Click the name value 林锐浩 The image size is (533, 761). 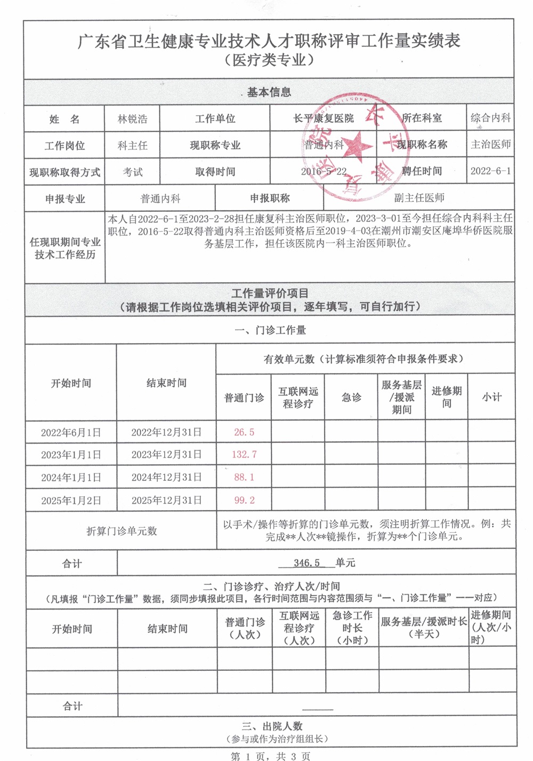pos(132,119)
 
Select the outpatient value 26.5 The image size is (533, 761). pos(244,432)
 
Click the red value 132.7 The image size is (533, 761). pos(244,455)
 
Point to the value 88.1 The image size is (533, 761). pos(244,477)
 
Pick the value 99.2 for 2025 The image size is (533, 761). pos(244,500)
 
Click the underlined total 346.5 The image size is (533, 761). pos(306,563)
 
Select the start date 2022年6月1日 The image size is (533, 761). pos(71,432)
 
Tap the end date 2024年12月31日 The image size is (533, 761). pos(166,477)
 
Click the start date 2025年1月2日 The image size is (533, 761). pos(71,501)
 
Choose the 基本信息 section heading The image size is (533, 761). pos(269,92)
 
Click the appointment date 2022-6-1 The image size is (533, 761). pos(490,171)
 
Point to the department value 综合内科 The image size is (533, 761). pos(490,118)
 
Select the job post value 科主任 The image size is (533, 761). pos(132,145)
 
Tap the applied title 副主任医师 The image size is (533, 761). pos(419,198)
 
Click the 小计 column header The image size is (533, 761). pos(491,397)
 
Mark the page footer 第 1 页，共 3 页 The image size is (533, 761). pos(270,756)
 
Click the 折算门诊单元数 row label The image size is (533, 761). pos(122,531)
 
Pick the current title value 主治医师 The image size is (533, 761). pos(490,144)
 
